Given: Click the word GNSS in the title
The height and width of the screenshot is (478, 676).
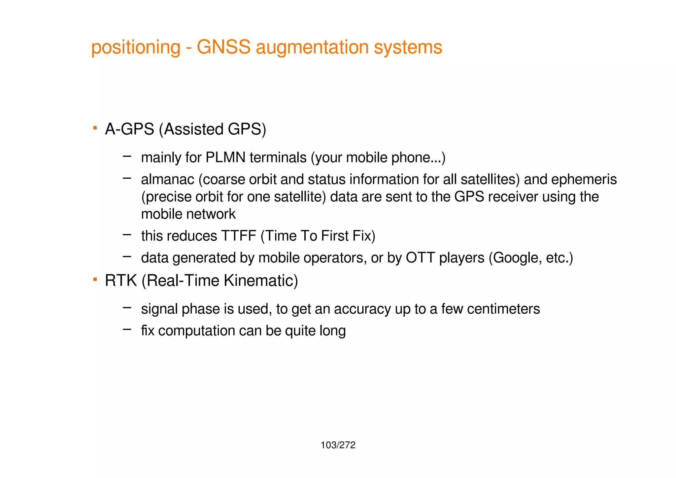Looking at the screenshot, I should tap(223, 47).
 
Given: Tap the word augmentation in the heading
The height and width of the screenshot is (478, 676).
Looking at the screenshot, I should tap(312, 48).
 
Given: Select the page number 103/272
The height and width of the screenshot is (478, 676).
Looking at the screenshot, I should tap(338, 445).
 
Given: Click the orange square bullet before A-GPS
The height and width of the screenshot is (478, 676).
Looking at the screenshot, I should tap(95, 127).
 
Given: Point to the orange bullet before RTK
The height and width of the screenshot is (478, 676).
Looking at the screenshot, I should tap(95, 279).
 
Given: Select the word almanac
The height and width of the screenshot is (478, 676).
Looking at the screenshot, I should tap(168, 180).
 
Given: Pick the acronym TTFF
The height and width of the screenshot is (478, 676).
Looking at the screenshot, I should tap(239, 236).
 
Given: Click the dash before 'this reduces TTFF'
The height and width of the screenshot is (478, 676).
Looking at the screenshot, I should tap(127, 235).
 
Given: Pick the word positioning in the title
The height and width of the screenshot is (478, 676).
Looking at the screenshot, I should tap(136, 48).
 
